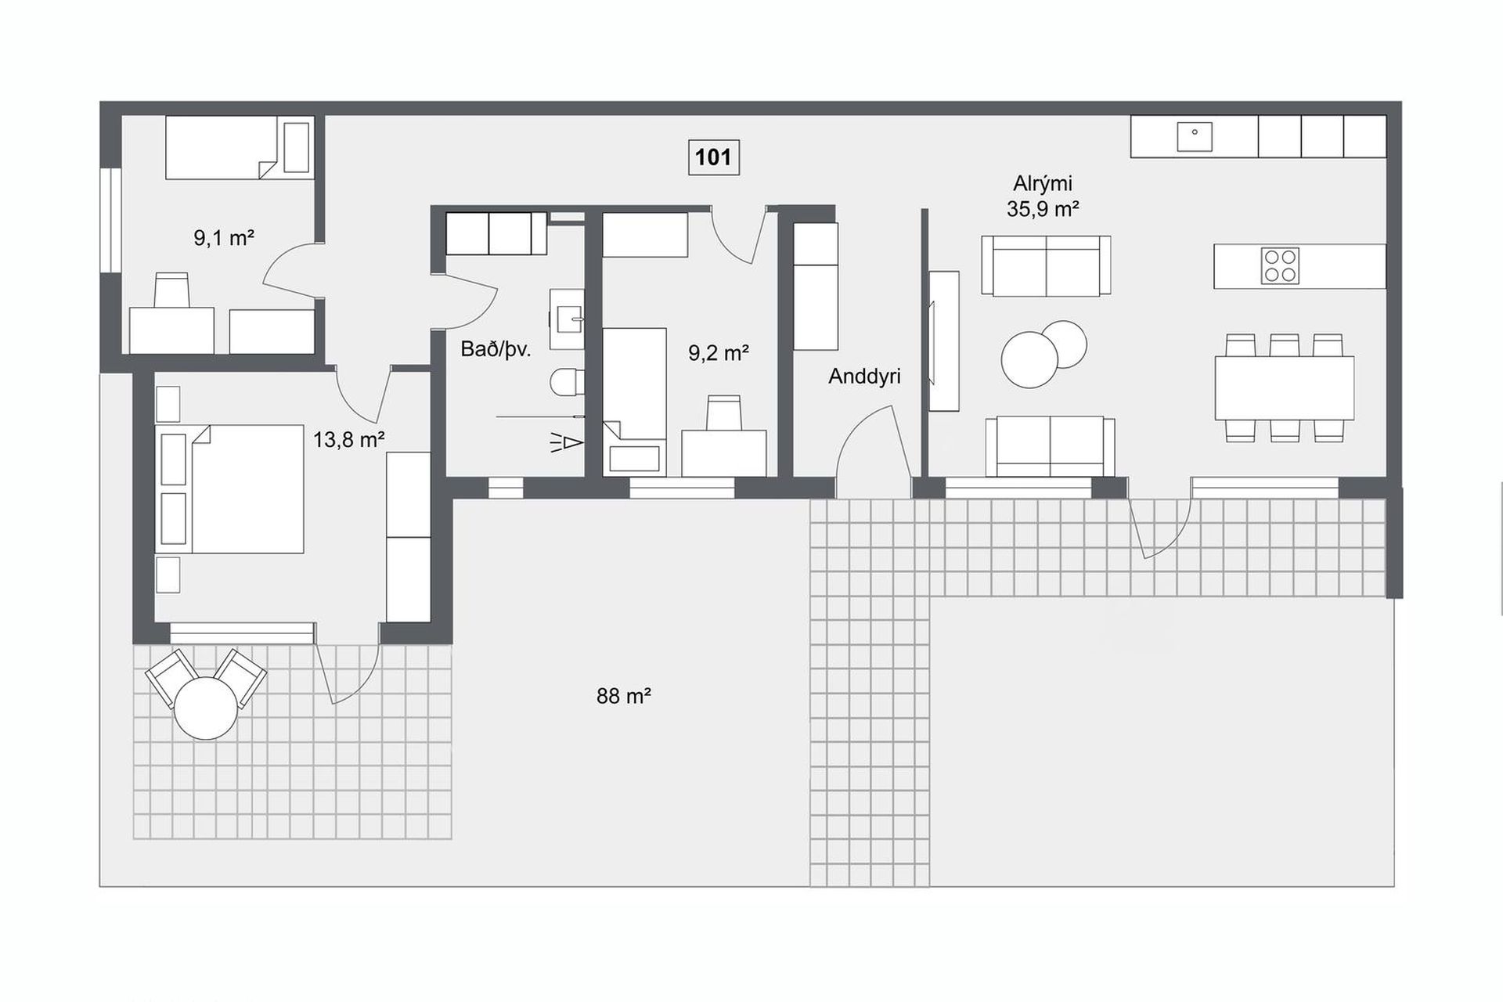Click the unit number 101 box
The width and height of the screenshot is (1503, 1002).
pyautogui.click(x=713, y=157)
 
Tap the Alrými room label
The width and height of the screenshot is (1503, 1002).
pyautogui.click(x=1043, y=184)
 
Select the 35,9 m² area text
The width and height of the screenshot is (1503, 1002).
pyautogui.click(x=1043, y=209)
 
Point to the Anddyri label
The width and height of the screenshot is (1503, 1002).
pyautogui.click(x=864, y=377)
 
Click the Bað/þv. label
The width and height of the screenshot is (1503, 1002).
pyautogui.click(x=496, y=350)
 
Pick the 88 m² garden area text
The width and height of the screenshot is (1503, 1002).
pyautogui.click(x=624, y=696)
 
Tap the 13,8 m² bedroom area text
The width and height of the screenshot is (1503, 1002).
pyautogui.click(x=348, y=440)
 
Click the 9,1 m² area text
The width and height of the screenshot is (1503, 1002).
pyautogui.click(x=224, y=238)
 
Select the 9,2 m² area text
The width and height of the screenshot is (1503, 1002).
pyautogui.click(x=719, y=353)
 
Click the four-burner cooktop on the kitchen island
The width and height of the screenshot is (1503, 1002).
pyautogui.click(x=1280, y=265)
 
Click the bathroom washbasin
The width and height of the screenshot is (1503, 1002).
pyautogui.click(x=567, y=319)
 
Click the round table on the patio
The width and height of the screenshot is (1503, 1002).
pyautogui.click(x=206, y=708)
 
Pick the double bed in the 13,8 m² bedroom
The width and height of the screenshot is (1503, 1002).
pyautogui.click(x=230, y=489)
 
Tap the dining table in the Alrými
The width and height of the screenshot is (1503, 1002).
pyautogui.click(x=1284, y=388)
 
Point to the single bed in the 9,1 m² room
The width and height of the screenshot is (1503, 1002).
pyautogui.click(x=239, y=147)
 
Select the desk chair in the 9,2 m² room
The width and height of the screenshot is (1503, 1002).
pyautogui.click(x=724, y=413)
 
